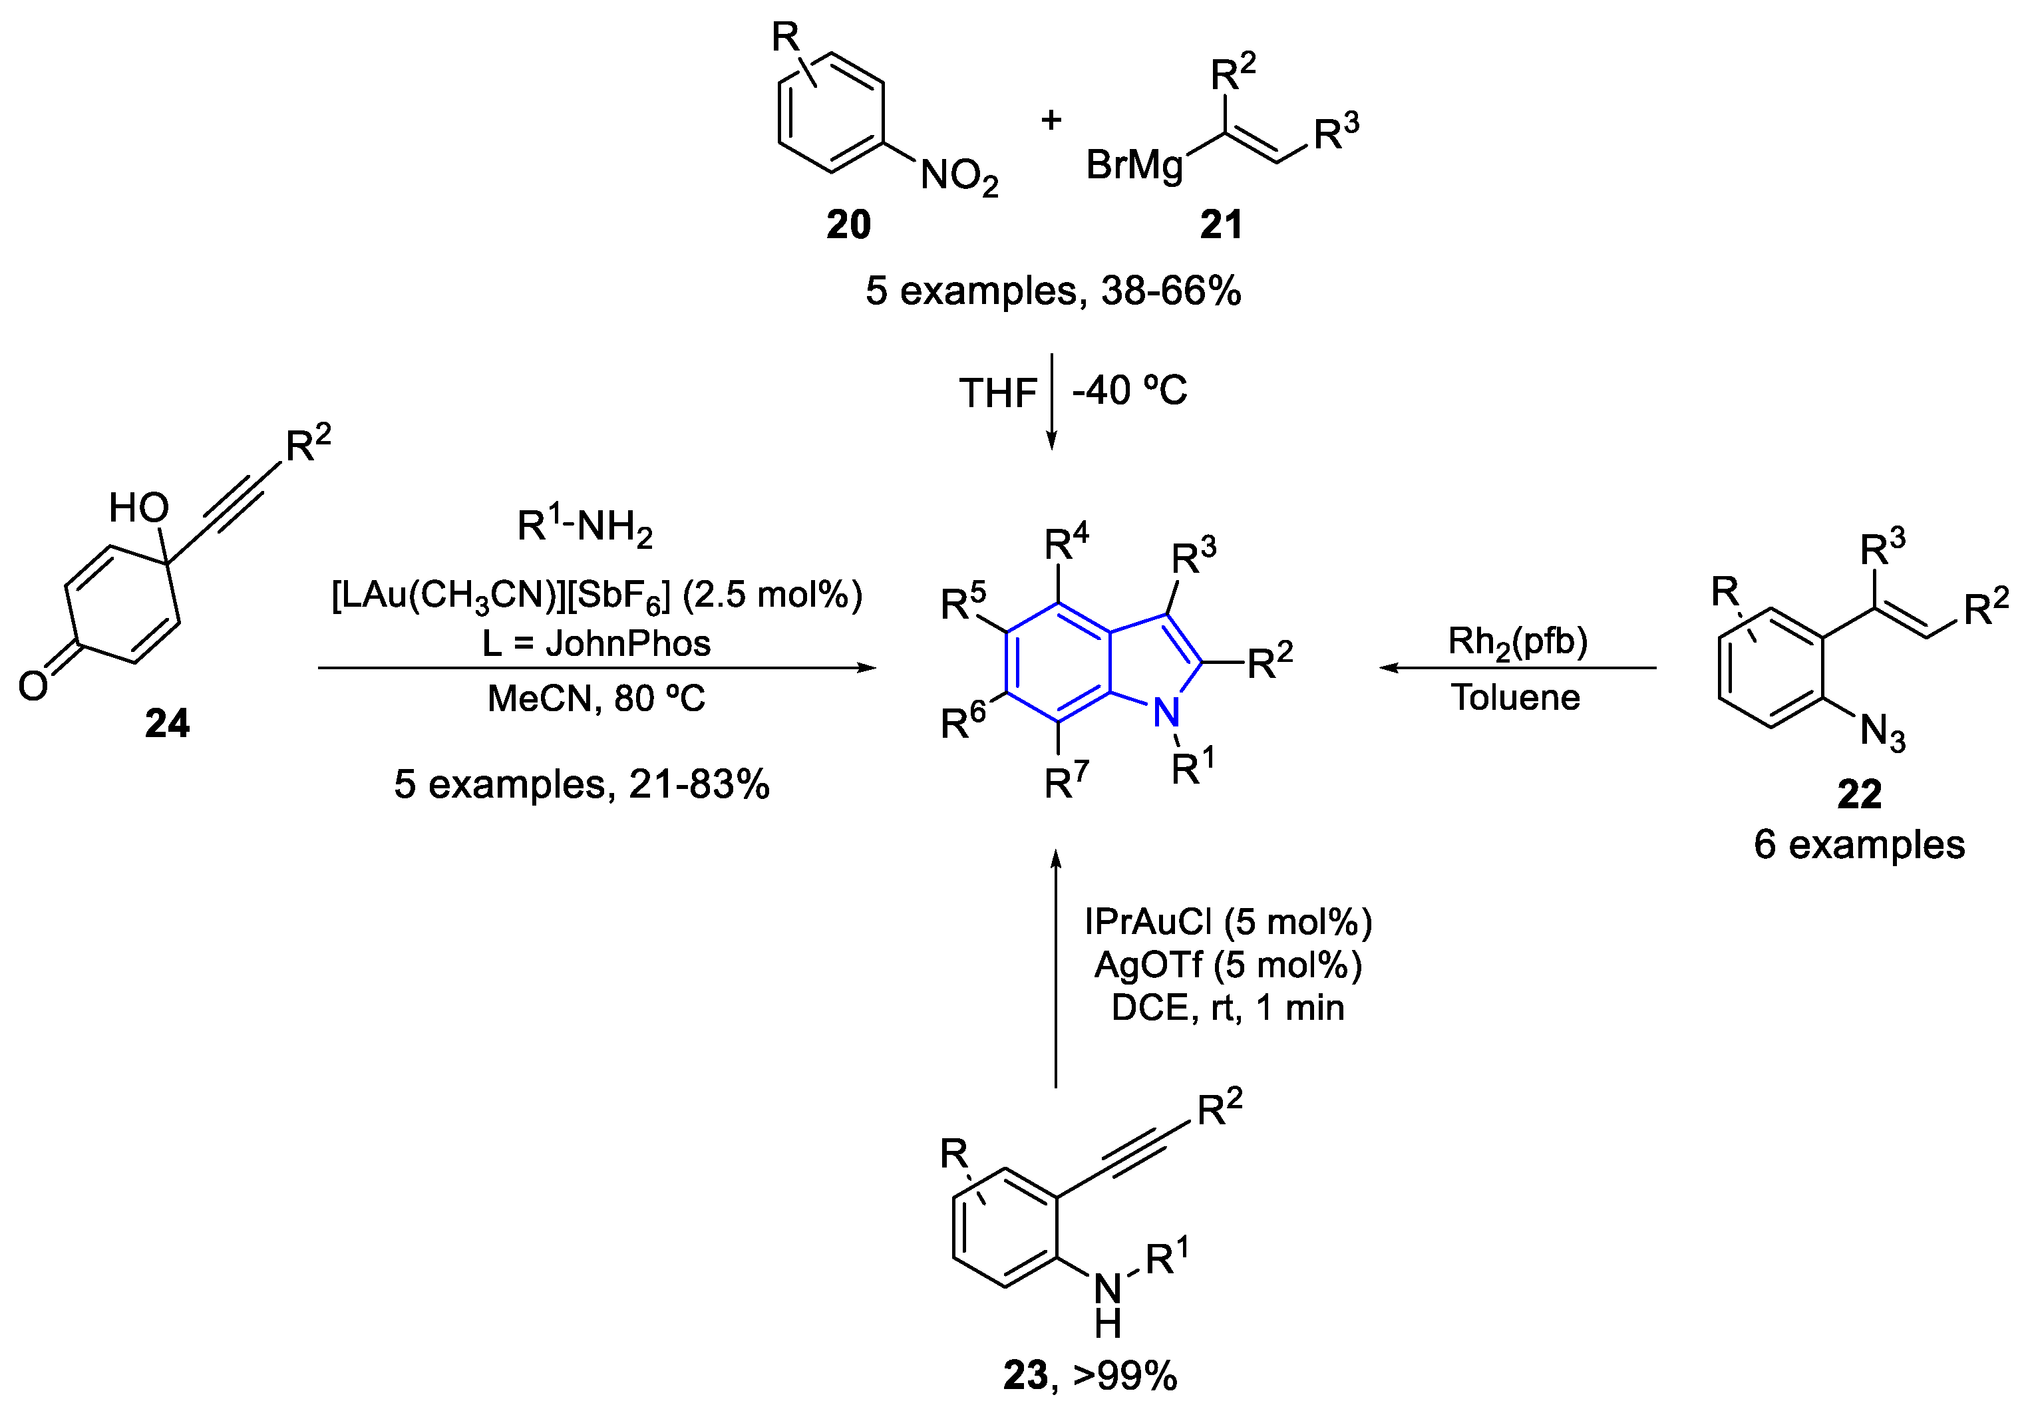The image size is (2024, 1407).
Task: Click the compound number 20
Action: point(848,225)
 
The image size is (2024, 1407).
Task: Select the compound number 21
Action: point(1221,225)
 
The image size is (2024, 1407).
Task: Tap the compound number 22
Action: point(1859,794)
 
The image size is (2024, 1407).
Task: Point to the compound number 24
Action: point(166,724)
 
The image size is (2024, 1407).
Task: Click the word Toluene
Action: point(1516,697)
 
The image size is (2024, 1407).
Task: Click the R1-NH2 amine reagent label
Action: point(584,527)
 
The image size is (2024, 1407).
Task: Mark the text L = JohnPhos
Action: point(596,643)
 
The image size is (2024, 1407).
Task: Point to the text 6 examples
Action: point(1859,845)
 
